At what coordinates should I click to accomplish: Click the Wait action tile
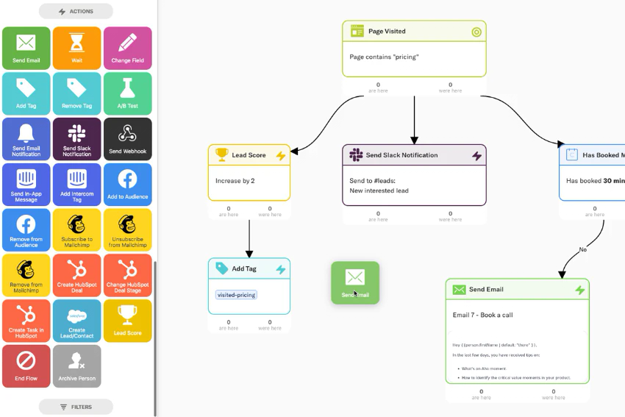[76, 49]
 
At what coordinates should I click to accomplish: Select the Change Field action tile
[127, 49]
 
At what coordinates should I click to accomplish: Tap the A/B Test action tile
[127, 93]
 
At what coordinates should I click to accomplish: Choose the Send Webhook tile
[127, 139]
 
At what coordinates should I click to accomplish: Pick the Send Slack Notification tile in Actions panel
[76, 139]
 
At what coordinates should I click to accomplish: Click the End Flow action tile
[26, 366]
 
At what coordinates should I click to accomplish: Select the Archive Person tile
[76, 366]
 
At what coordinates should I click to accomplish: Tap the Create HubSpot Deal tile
[76, 275]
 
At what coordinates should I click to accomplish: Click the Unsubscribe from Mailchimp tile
[127, 229]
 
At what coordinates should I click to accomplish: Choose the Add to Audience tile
[127, 184]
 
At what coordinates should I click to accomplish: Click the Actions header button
[76, 11]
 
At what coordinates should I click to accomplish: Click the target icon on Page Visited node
[476, 32]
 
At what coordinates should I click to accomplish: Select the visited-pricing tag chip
[236, 295]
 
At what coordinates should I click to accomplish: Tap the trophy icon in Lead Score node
[221, 155]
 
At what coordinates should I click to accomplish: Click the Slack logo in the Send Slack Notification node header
[356, 155]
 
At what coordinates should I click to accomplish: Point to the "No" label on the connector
[582, 249]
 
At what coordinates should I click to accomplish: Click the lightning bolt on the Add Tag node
[280, 269]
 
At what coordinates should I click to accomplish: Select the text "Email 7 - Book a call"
[482, 315]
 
